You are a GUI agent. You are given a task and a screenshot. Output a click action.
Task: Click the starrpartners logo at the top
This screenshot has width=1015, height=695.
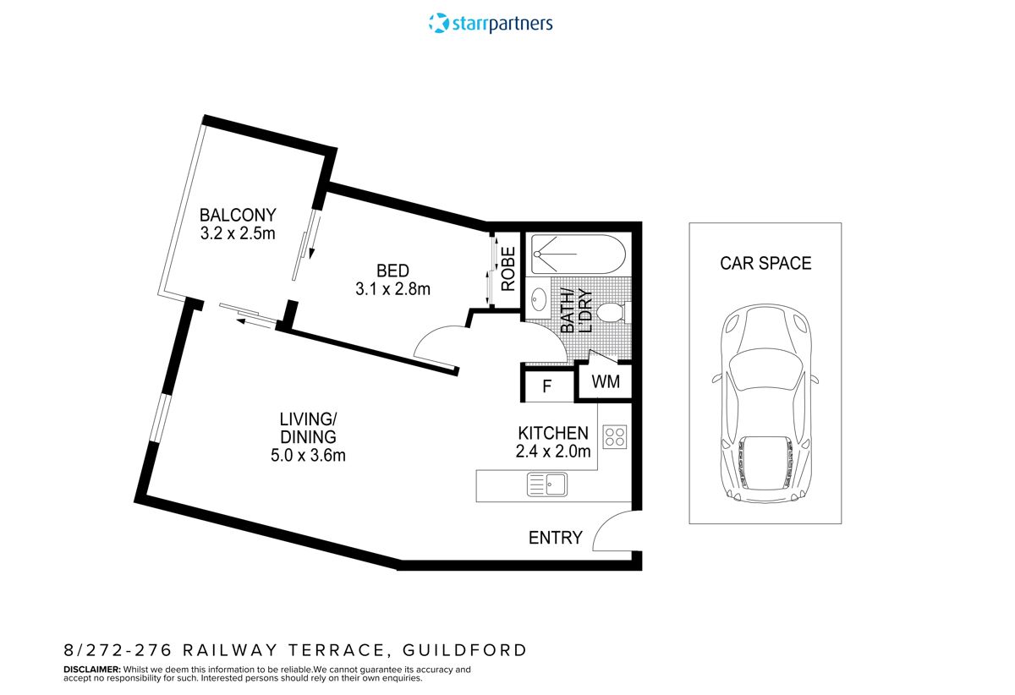pos(491,23)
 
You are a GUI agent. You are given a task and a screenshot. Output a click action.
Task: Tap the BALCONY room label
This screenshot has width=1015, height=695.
pos(238,215)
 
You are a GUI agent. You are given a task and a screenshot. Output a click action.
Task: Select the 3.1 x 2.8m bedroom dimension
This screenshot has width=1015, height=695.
pos(392,289)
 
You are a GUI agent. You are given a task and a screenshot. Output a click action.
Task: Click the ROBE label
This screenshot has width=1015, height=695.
pos(508,269)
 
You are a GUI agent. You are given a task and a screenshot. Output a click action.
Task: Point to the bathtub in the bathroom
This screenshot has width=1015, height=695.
pos(578,254)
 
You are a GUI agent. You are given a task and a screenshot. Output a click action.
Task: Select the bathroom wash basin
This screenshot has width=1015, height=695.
pos(539,299)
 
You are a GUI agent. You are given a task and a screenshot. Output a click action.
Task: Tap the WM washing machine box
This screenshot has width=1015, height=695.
pos(606,382)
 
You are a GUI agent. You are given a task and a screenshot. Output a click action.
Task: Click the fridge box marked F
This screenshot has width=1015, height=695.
pos(547,387)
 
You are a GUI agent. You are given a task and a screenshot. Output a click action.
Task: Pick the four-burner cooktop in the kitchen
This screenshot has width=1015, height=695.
pos(614,436)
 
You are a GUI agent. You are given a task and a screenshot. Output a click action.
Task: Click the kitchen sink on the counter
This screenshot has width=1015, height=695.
pos(546,484)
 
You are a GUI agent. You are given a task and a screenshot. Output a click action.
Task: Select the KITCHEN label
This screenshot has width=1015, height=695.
pos(553,433)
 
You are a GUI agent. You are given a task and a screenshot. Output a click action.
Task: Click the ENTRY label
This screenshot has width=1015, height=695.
pos(555,538)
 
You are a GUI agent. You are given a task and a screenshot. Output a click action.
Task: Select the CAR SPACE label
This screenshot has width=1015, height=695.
pos(765,263)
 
